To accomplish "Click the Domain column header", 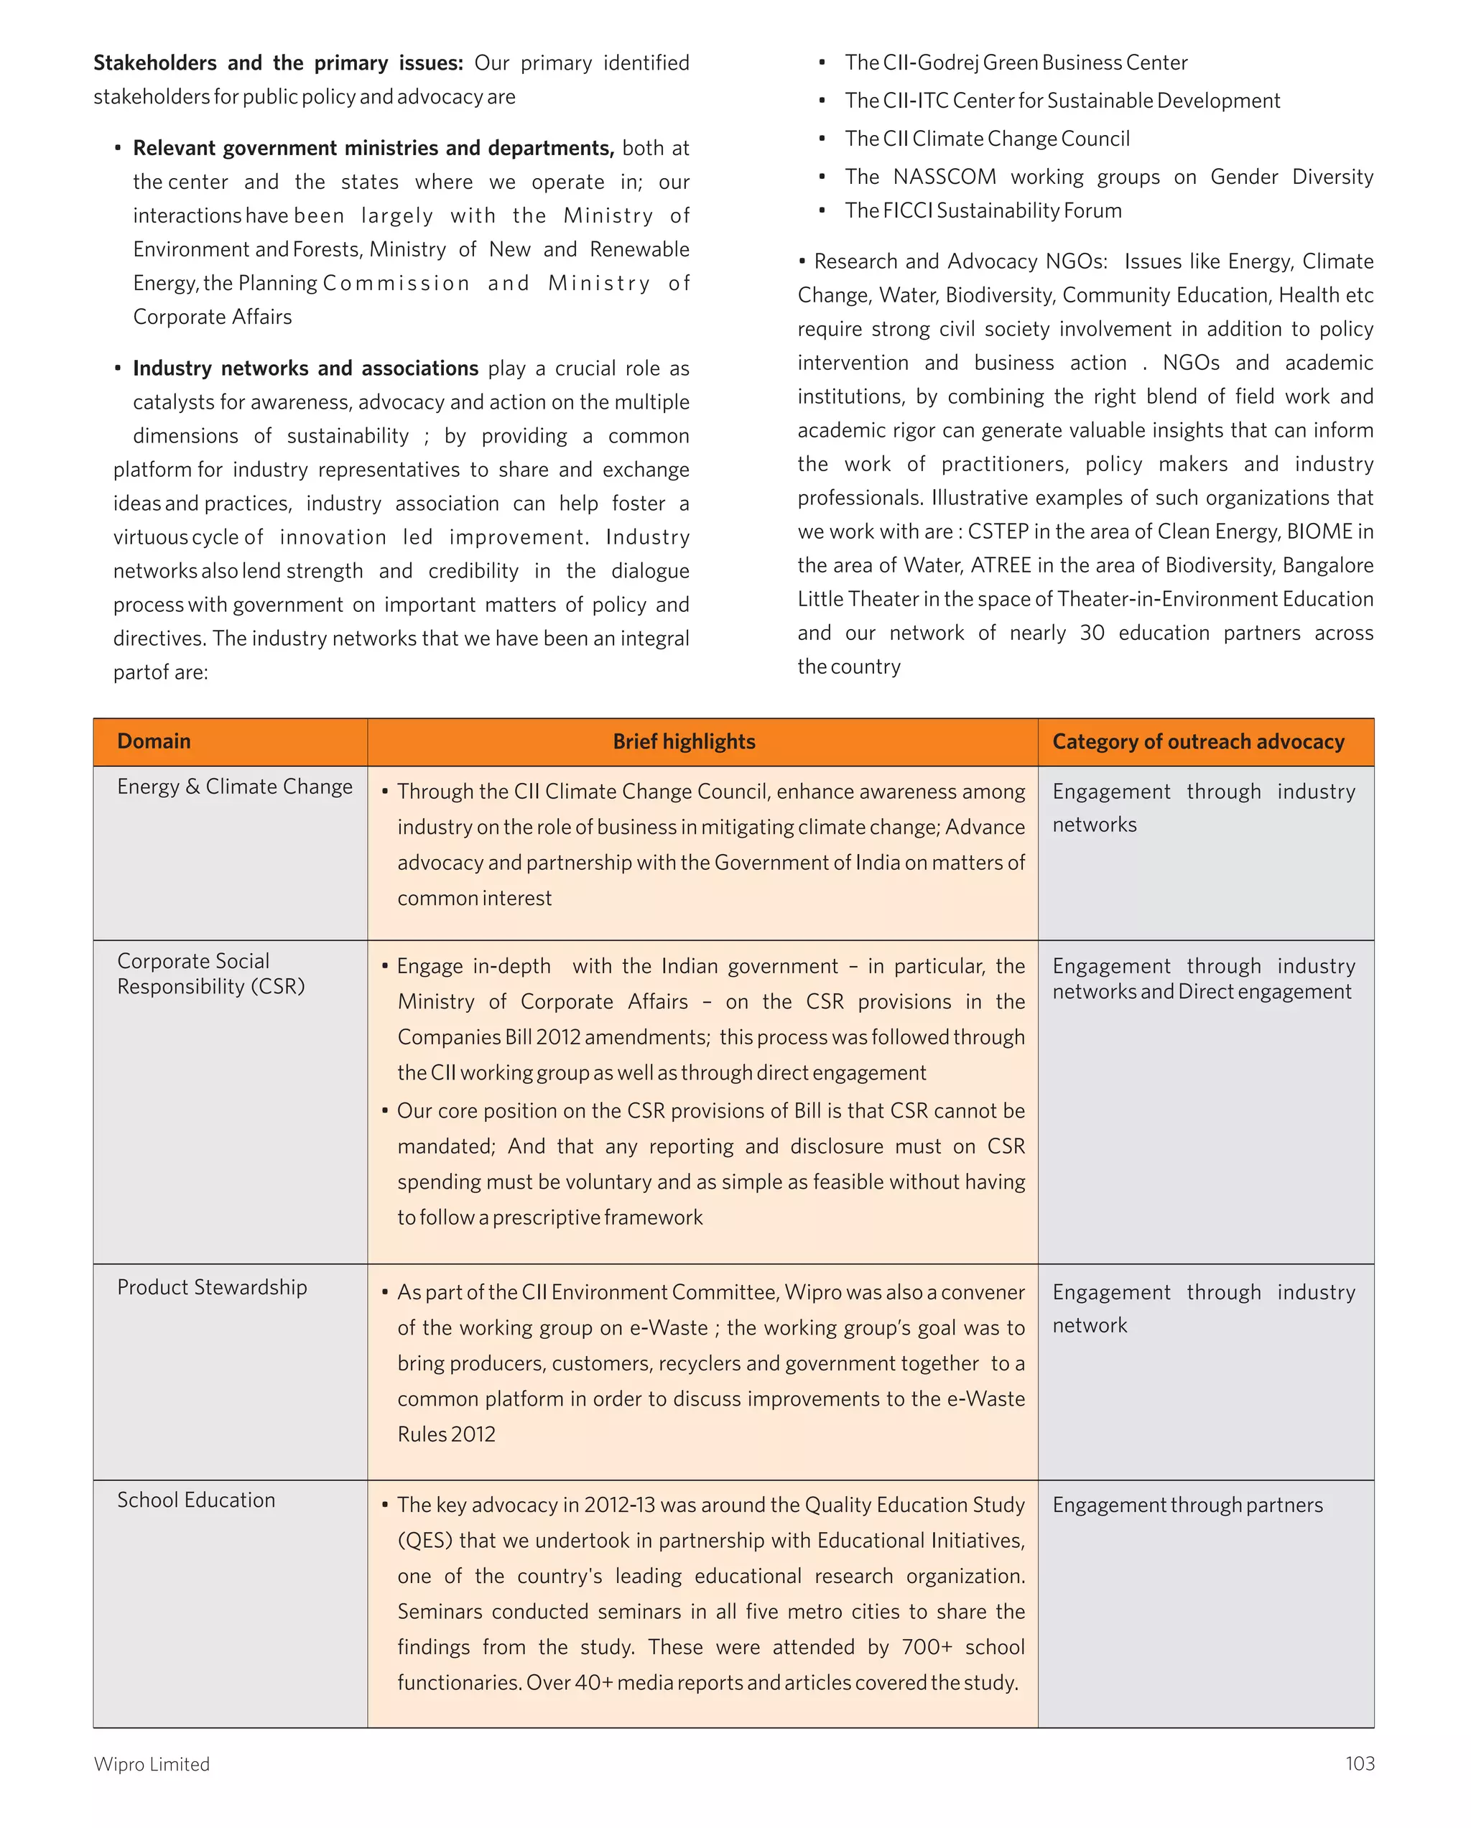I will [154, 741].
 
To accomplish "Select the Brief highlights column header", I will [683, 742].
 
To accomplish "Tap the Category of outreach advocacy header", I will [1198, 742].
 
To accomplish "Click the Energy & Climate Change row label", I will [234, 787].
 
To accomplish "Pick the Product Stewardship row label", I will [212, 1287].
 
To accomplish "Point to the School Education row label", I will [196, 1500].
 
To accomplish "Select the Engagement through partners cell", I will [1187, 1505].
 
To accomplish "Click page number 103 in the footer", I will [1359, 1763].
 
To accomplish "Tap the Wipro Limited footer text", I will [151, 1763].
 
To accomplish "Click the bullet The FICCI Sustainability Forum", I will [983, 210].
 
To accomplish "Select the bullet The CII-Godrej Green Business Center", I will [1016, 62].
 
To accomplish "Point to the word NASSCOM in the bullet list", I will [945, 177].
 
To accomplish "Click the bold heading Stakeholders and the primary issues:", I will [278, 62].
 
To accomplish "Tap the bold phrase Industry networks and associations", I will [305, 368].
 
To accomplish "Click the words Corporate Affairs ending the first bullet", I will [212, 316].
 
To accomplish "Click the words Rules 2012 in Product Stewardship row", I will [446, 1434].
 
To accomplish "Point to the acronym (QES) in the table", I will [424, 1540].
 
